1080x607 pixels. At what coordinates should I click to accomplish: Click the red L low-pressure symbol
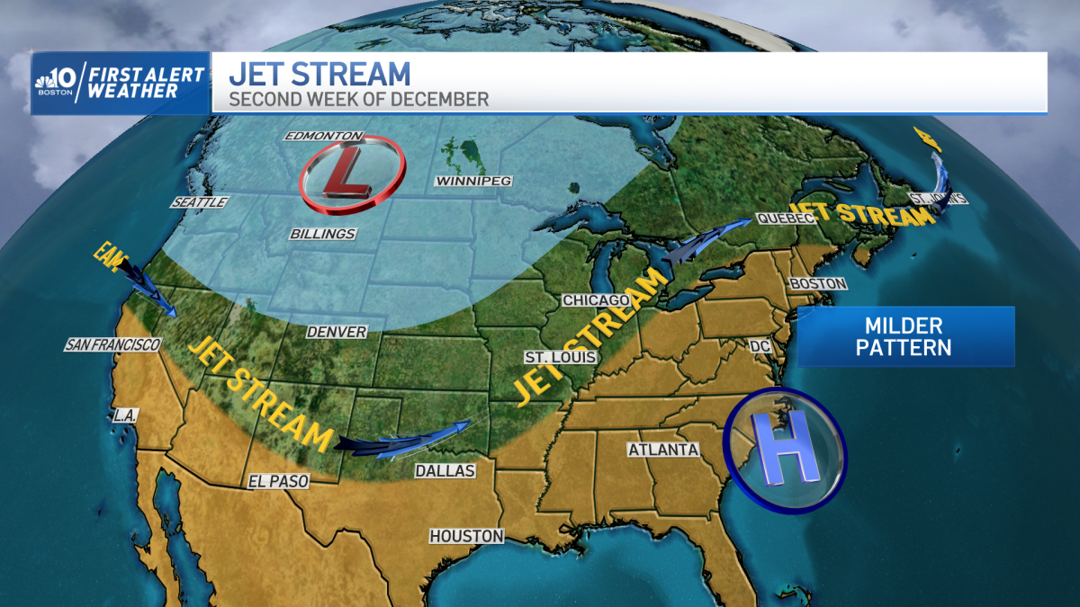tap(346, 173)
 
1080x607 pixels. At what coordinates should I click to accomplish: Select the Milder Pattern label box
tap(904, 336)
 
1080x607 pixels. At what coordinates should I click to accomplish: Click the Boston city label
tap(817, 284)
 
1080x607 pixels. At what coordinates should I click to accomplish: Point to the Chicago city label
tap(595, 299)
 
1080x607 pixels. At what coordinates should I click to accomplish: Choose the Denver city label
tap(337, 332)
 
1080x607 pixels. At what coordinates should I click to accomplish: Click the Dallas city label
tap(445, 470)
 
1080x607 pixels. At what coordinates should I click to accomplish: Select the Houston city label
tap(466, 536)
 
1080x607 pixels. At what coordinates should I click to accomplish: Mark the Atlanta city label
tap(663, 450)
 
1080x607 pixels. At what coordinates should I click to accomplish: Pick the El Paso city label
tap(279, 482)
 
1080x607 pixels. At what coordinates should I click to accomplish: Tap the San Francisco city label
tap(112, 345)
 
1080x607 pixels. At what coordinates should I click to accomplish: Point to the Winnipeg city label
tap(472, 181)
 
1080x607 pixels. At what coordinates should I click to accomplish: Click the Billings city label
tap(323, 234)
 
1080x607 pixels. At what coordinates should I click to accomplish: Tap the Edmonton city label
tap(323, 136)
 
